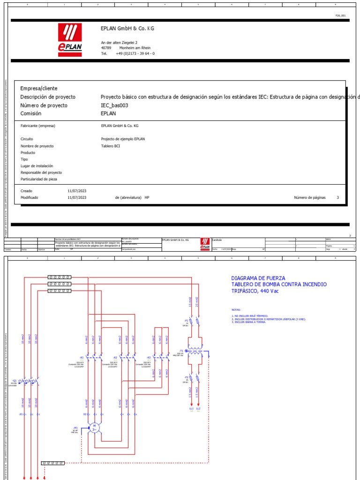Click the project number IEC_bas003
point(114,105)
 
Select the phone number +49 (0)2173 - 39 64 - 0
point(135,53)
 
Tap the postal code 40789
point(106,48)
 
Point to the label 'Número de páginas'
point(309,198)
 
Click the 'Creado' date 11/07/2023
point(77,191)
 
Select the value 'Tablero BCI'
point(111,146)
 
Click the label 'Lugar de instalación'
point(37,166)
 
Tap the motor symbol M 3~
point(94,427)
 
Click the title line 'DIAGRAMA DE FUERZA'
point(258,278)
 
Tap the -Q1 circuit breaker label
point(15,380)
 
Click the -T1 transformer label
point(181,350)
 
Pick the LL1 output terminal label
point(191,409)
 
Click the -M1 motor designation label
point(75,427)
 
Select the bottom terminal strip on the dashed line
point(53,463)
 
